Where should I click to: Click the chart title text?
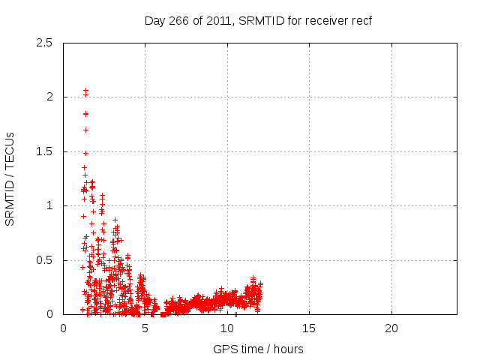pyautogui.click(x=258, y=20)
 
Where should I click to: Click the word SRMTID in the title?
pyautogui.click(x=259, y=20)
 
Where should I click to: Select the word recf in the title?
pyautogui.click(x=361, y=20)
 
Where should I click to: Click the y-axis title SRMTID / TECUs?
pyautogui.click(x=10, y=178)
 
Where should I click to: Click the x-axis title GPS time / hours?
pyautogui.click(x=258, y=349)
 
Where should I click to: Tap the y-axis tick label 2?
pyautogui.click(x=49, y=97)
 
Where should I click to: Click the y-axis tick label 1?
pyautogui.click(x=49, y=205)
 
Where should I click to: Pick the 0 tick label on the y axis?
pyautogui.click(x=49, y=314)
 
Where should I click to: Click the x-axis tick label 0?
pyautogui.click(x=63, y=328)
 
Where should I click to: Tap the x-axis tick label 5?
pyautogui.click(x=145, y=328)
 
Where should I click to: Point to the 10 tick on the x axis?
pyautogui.click(x=227, y=328)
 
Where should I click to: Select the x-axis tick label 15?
pyautogui.click(x=309, y=328)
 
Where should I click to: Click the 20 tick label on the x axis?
pyautogui.click(x=391, y=328)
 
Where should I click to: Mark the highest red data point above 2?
pyautogui.click(x=85, y=90)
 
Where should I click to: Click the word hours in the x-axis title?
pyautogui.click(x=288, y=349)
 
